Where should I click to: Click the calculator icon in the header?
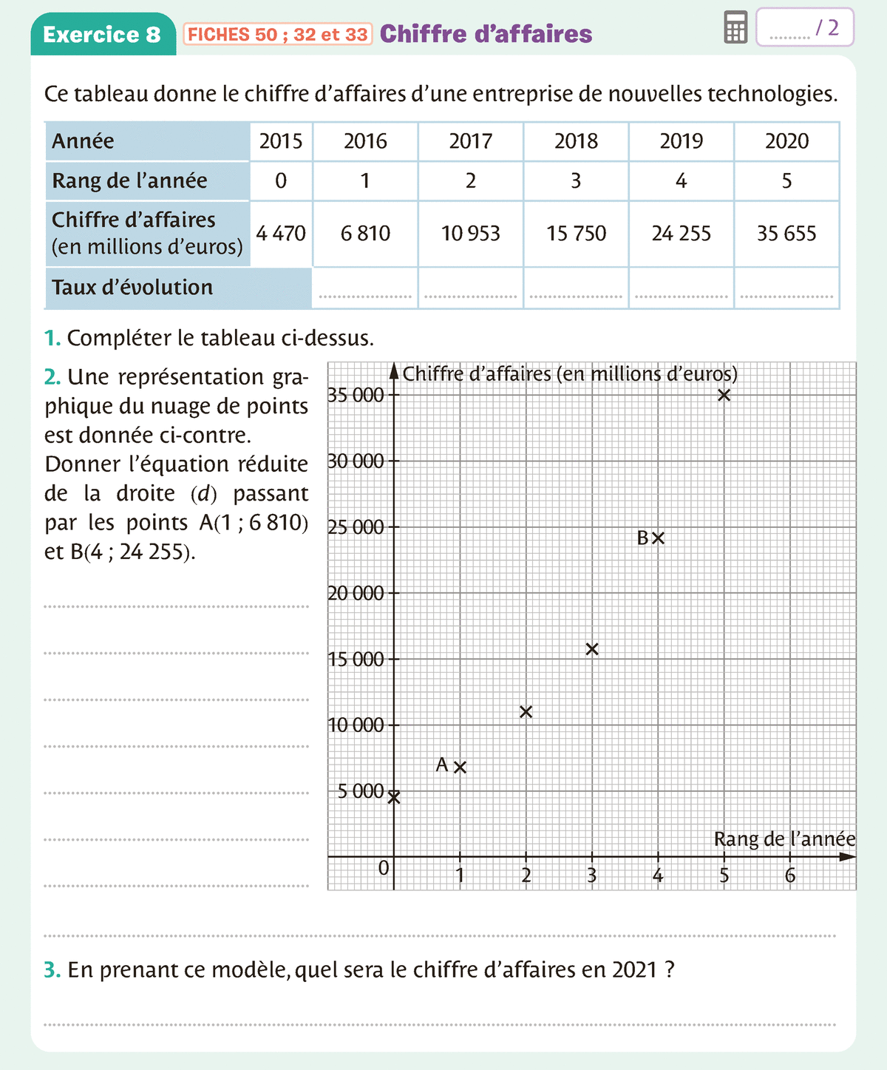coord(735,27)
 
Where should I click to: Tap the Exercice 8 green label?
coord(102,34)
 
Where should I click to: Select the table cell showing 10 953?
coord(470,234)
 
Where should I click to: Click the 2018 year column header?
coord(576,141)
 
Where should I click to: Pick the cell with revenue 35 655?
coord(786,234)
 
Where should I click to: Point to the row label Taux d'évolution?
coord(132,288)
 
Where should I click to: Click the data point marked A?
coord(460,767)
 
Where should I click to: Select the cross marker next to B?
coord(658,538)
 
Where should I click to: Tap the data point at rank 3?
coord(592,649)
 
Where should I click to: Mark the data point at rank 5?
coord(724,395)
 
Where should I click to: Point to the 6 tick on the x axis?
coord(790,876)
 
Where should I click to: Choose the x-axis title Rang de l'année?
coord(784,839)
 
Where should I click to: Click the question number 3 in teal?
coord(52,969)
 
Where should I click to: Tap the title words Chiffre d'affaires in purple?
coord(486,34)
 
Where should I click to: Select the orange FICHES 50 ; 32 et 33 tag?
coord(278,35)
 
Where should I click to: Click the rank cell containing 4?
coord(681,181)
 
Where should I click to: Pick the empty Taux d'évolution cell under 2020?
coord(786,288)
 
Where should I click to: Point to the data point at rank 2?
coord(526,712)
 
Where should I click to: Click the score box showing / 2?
coord(804,28)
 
